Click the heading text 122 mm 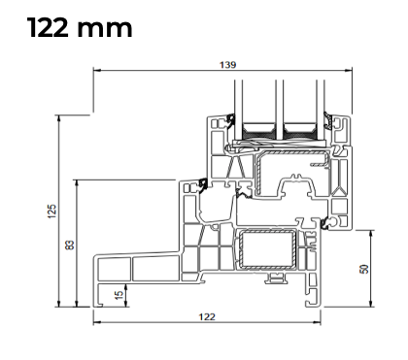(x=80, y=27)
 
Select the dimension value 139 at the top (x=228, y=65)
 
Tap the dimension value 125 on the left (x=52, y=211)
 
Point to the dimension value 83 (x=70, y=245)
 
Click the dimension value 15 (x=119, y=295)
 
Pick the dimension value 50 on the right (x=364, y=269)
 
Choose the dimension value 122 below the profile (x=207, y=316)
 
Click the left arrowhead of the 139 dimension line (x=96, y=70)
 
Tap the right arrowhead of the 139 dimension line (x=349, y=70)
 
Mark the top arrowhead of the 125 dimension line (x=58, y=118)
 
